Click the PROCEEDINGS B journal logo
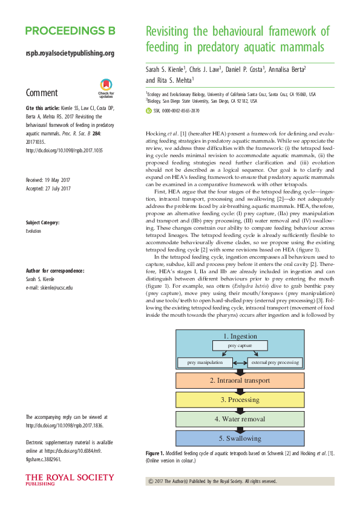(x=70, y=31)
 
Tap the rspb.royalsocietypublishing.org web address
(x=70, y=53)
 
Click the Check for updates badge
(x=106, y=89)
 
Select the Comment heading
(x=42, y=93)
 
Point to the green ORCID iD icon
(x=149, y=111)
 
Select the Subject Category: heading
(x=42, y=222)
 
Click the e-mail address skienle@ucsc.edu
(x=49, y=287)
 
